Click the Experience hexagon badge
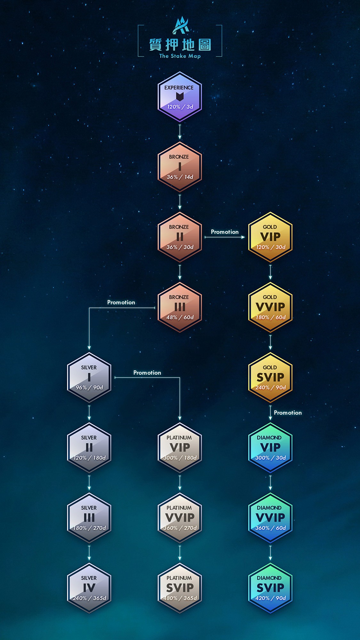pos(180,97)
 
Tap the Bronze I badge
pos(180,167)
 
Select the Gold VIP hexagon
pos(270,237)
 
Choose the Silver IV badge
pos(89,588)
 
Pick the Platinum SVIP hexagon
pos(180,588)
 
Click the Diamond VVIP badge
pos(270,518)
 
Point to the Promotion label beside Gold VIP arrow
pos(225,232)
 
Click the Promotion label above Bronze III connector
pos(121,302)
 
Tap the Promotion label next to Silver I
pos(147,373)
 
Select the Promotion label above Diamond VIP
pos(288,413)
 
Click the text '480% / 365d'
pos(180,598)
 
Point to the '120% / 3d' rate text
pos(180,107)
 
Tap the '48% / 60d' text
pos(180,317)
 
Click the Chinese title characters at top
pos(180,45)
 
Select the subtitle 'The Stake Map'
pos(180,56)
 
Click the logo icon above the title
pos(180,26)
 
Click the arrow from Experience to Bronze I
pos(180,132)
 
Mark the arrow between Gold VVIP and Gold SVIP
pos(270,342)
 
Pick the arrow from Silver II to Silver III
pos(89,483)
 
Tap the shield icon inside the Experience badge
pos(180,96)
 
